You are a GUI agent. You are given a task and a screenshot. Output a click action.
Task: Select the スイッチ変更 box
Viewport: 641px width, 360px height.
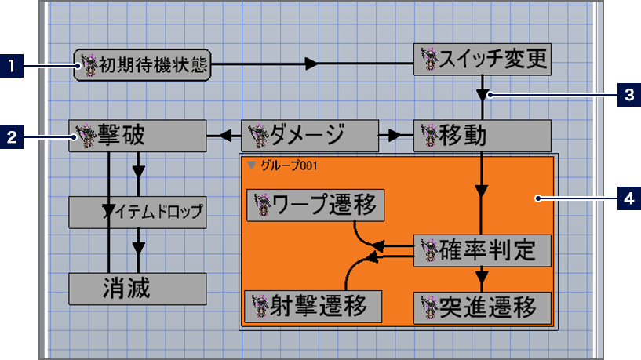[483, 60]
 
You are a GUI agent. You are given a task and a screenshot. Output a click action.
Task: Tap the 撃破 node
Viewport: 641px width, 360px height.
[137, 136]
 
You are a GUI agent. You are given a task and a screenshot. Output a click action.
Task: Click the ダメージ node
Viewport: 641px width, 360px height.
[310, 136]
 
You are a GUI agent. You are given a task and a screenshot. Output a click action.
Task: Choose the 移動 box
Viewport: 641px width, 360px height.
[483, 136]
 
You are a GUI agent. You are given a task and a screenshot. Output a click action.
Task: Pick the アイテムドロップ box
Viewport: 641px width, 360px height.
[137, 212]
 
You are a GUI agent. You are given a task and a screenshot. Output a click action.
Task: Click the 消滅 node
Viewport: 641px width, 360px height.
[137, 289]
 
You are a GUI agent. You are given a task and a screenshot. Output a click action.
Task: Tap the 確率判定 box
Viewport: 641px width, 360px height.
[483, 250]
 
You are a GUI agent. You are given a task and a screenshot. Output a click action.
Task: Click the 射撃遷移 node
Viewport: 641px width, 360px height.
[314, 305]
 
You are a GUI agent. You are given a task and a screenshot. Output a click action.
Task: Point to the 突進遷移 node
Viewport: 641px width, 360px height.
[483, 307]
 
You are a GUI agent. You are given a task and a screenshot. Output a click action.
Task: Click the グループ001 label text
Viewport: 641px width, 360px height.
[283, 165]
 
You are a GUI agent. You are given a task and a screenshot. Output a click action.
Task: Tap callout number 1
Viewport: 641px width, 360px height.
[12, 66]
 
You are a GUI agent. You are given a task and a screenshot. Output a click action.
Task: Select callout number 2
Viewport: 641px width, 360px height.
[12, 137]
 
